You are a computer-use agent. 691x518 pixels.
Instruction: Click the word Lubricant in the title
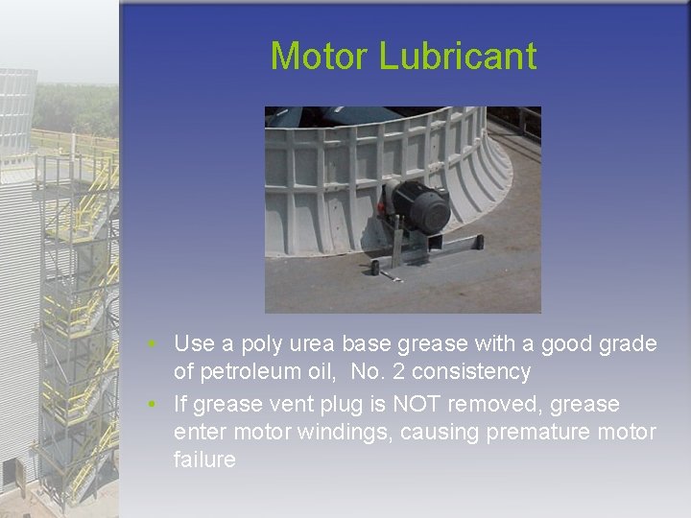(x=458, y=57)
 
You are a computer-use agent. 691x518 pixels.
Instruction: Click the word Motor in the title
(x=320, y=57)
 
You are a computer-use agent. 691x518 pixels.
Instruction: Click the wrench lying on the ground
(x=391, y=277)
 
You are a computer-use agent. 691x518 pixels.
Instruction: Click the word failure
(x=204, y=459)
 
